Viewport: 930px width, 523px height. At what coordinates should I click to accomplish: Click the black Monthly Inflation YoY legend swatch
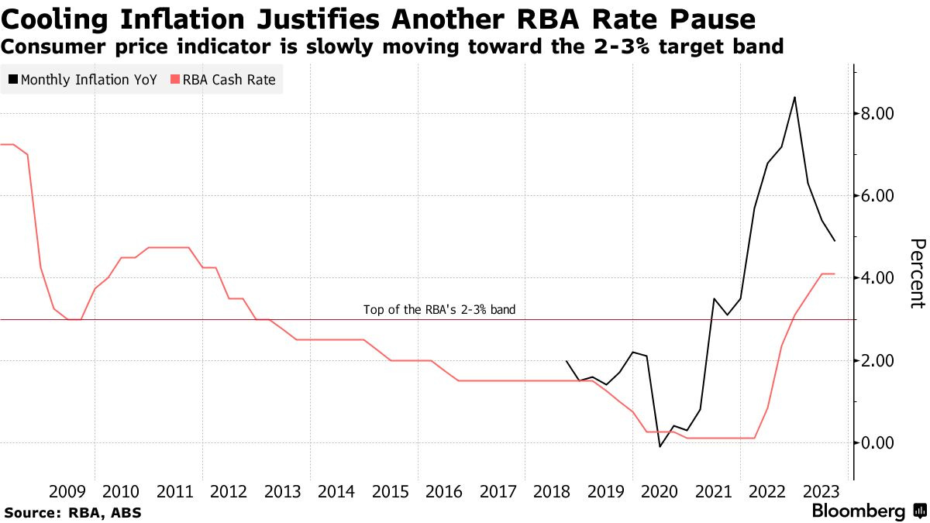pos(13,80)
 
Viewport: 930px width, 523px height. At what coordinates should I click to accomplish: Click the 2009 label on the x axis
pos(67,491)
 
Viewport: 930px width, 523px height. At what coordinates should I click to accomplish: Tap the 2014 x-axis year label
pos(336,491)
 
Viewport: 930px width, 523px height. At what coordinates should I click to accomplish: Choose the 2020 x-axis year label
pos(660,491)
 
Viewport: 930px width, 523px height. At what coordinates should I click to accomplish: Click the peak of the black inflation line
pos(794,98)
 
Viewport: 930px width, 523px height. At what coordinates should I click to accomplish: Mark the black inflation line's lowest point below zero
pos(660,446)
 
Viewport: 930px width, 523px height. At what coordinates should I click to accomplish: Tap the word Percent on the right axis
pos(916,274)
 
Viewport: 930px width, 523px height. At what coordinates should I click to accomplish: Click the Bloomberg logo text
pos(859,511)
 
